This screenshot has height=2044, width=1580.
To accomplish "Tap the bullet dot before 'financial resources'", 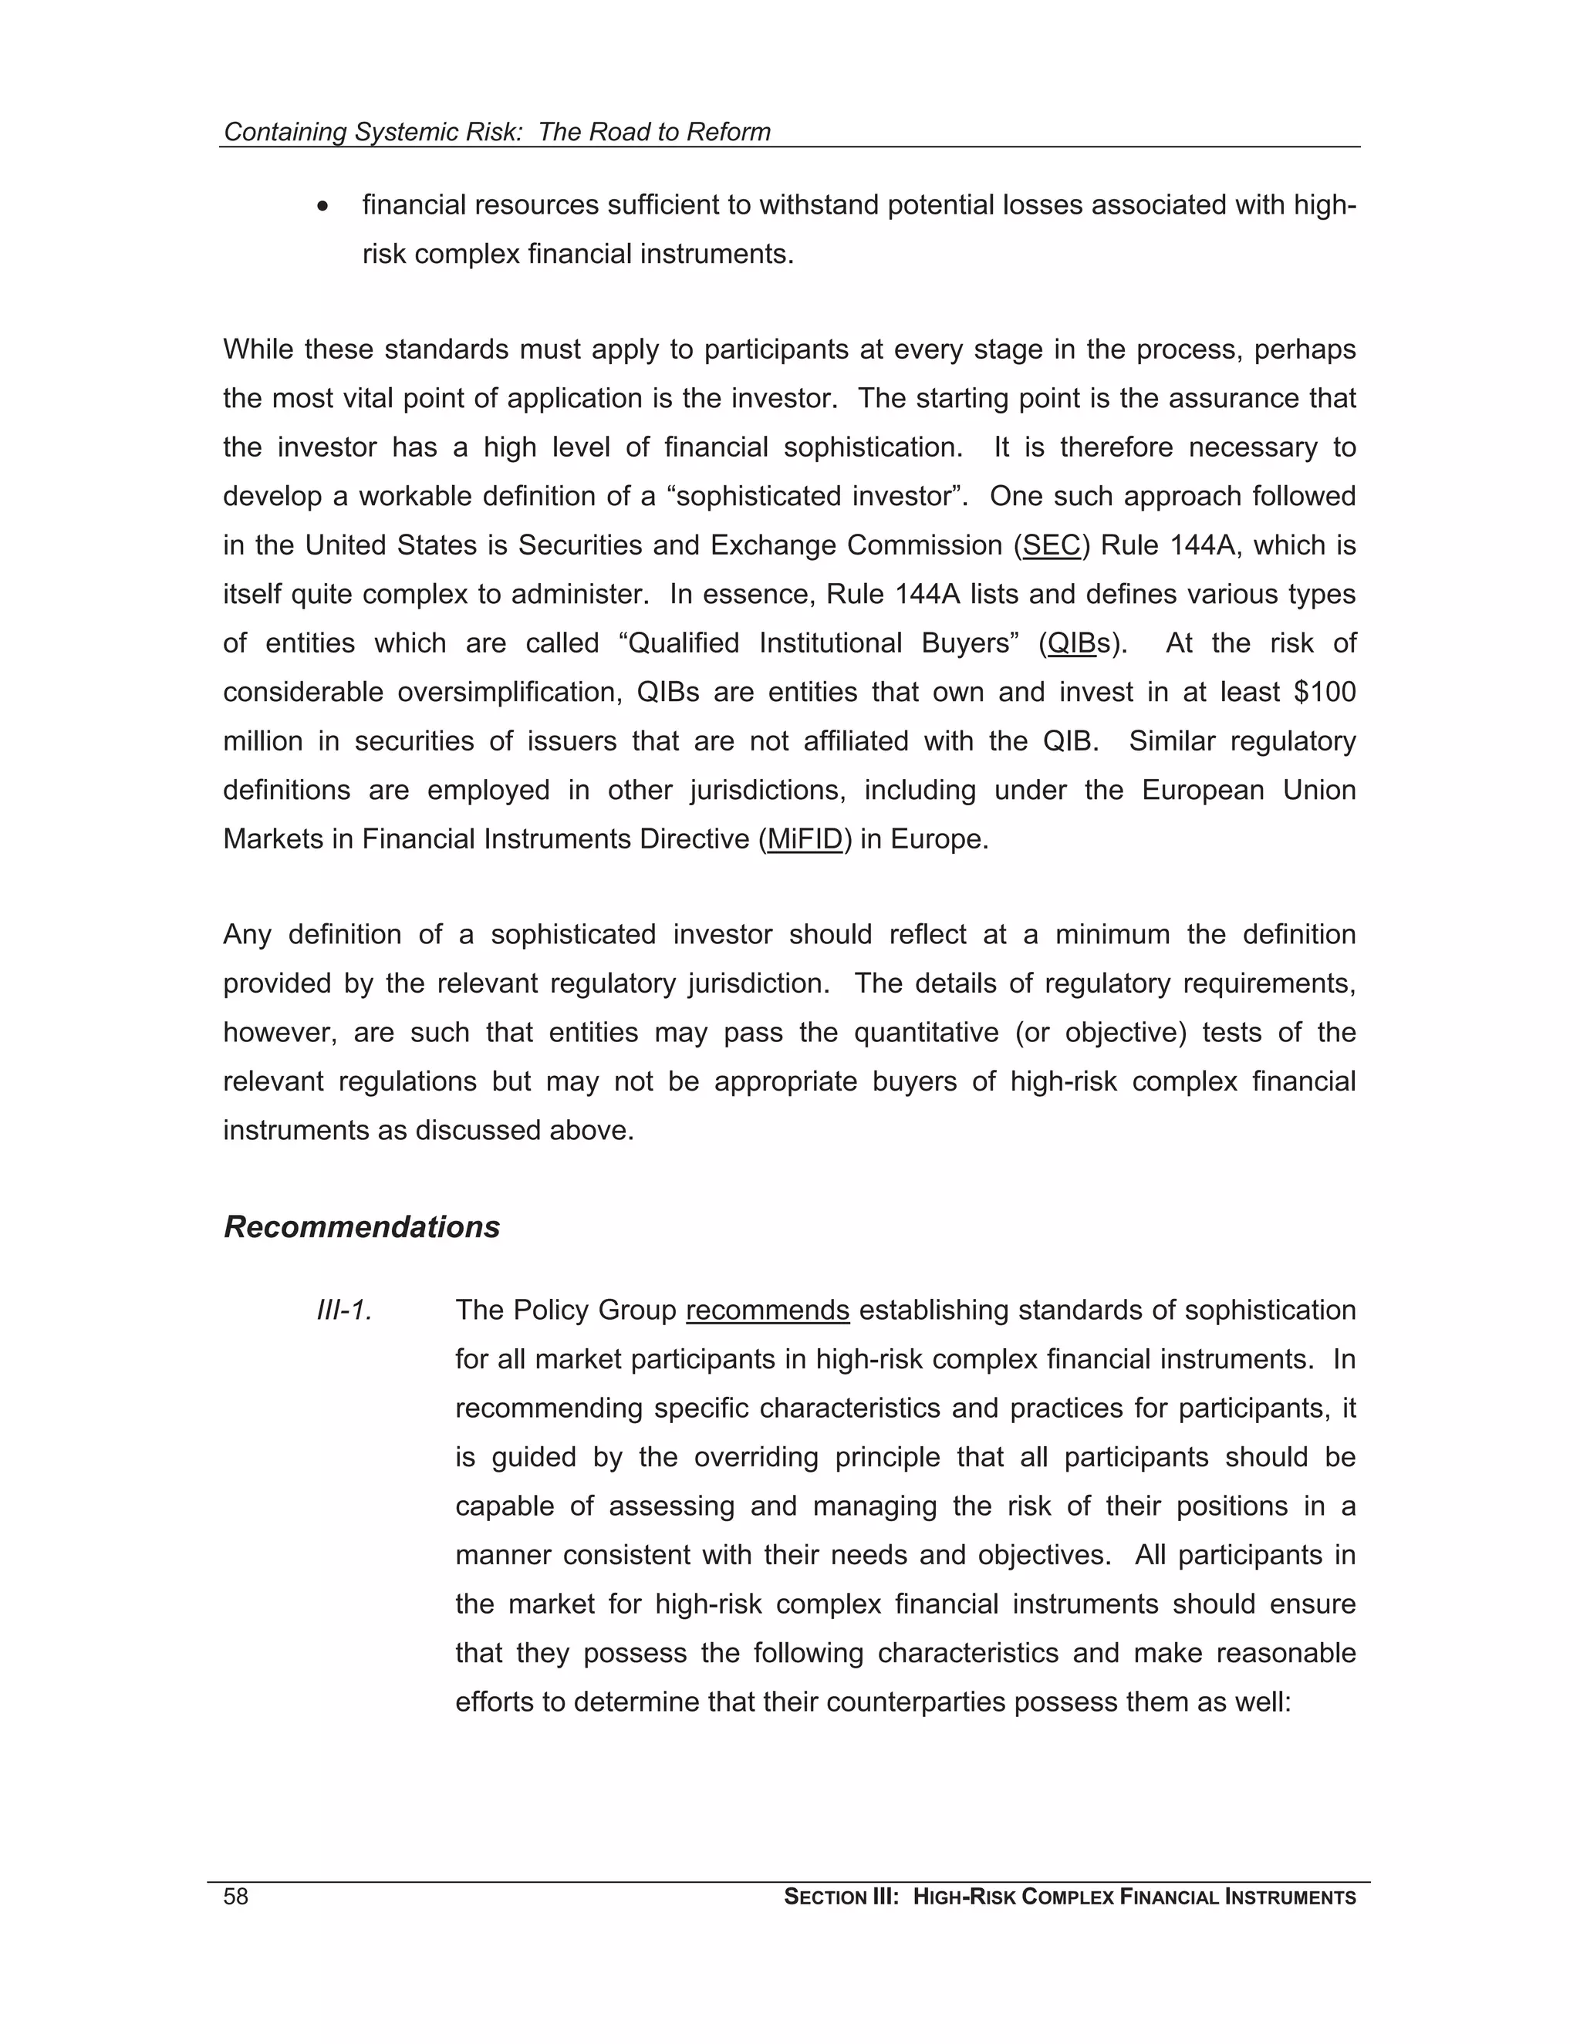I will pyautogui.click(x=323, y=206).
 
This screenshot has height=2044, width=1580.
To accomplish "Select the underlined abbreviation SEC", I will pyautogui.click(x=1052, y=545).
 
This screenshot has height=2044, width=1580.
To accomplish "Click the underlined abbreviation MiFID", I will pyautogui.click(x=805, y=839).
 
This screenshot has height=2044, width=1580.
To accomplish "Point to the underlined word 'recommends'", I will pyautogui.click(x=768, y=1310).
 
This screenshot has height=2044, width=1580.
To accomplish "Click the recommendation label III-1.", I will pyautogui.click(x=344, y=1310).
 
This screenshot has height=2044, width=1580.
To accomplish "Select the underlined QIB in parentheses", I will pyautogui.click(x=1072, y=644).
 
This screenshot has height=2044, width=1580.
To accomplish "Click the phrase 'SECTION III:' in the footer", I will pyautogui.click(x=841, y=1898).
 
